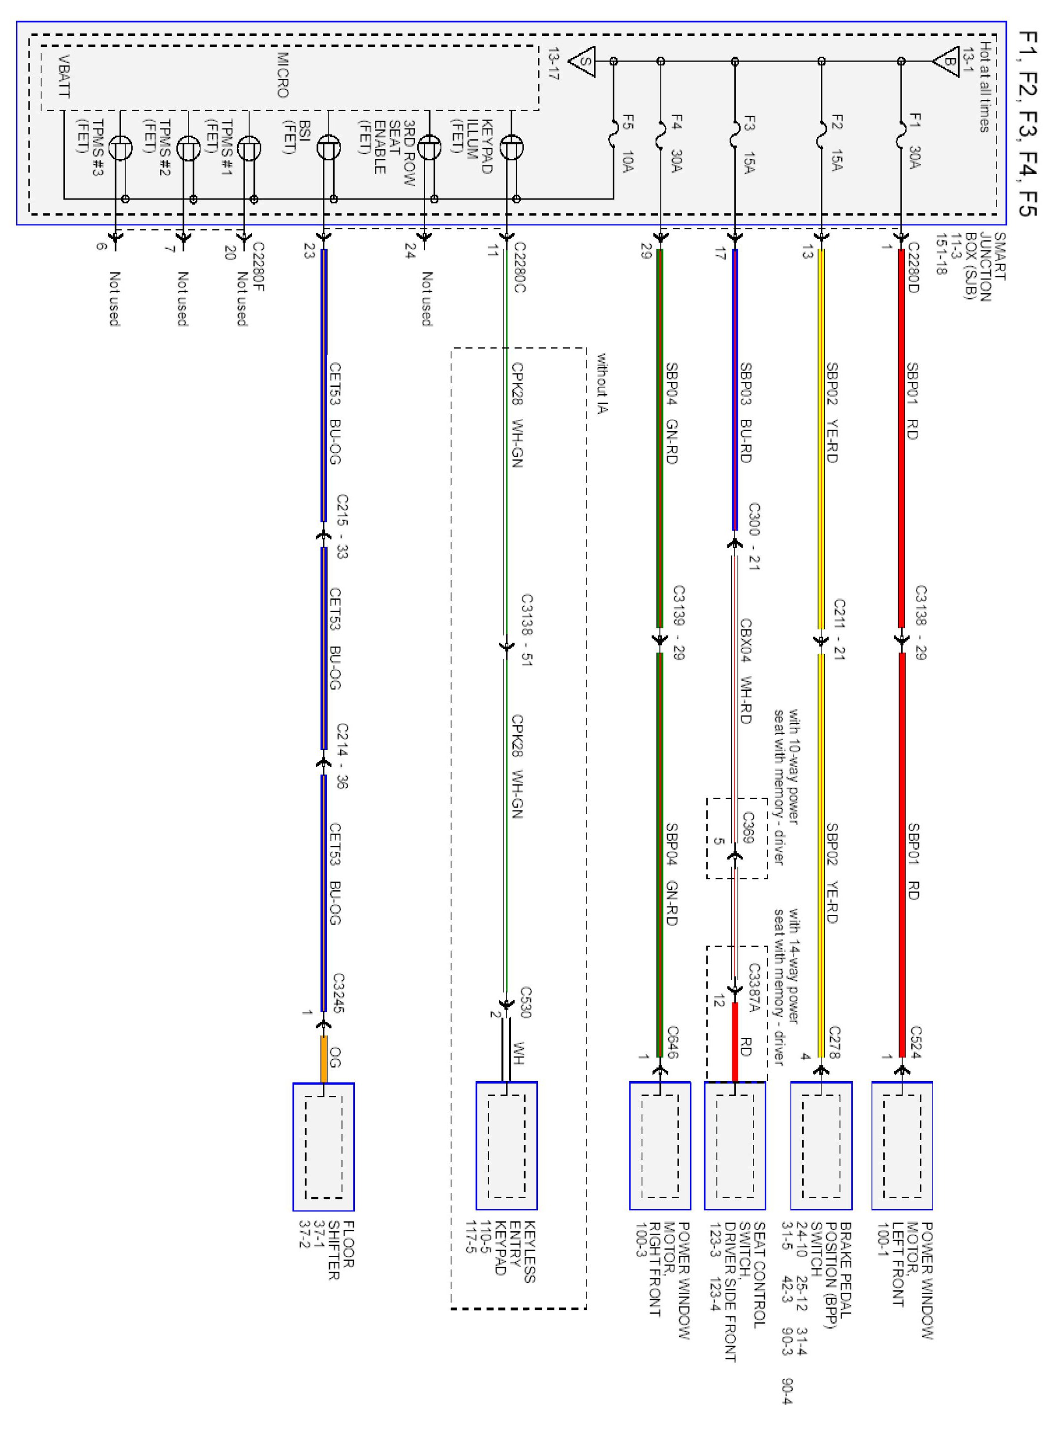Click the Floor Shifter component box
(324, 1147)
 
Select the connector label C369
(748, 827)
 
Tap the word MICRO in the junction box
(282, 75)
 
